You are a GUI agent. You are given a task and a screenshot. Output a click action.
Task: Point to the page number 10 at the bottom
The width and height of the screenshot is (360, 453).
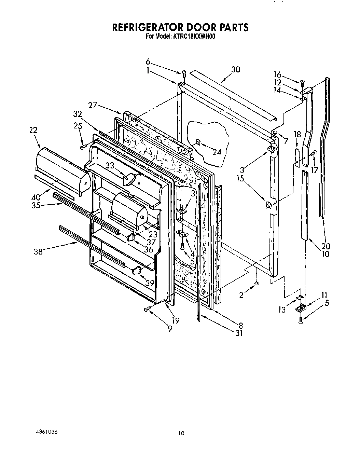point(181,433)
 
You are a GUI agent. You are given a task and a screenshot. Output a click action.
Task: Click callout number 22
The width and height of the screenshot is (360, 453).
point(33,130)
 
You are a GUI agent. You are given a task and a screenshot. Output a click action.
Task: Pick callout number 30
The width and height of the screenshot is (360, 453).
point(236,69)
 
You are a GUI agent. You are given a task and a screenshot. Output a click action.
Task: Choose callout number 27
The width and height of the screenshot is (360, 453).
point(93,105)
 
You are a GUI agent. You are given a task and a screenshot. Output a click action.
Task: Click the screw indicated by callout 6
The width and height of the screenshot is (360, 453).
point(184,72)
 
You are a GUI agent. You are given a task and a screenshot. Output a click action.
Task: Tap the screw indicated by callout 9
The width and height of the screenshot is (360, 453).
point(147,309)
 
